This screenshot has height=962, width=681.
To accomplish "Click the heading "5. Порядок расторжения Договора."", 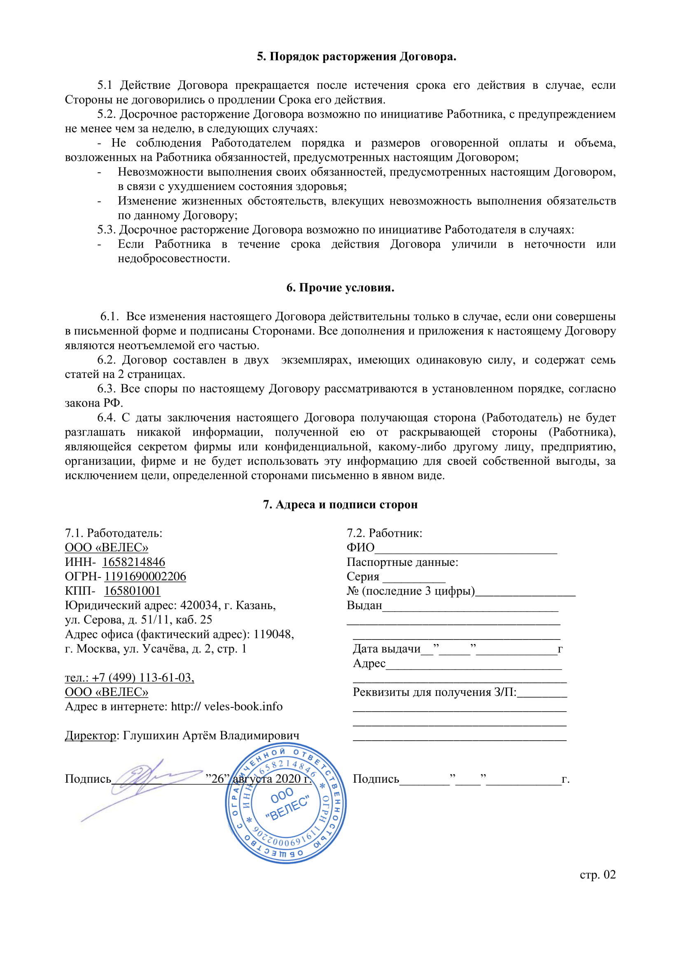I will coord(357,57).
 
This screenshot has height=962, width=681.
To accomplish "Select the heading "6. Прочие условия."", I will coord(340,288).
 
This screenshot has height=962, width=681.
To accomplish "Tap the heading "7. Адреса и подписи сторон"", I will coord(340,505).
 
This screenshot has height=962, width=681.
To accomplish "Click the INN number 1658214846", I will coord(133,562).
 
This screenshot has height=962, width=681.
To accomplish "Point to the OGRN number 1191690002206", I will coord(145,577).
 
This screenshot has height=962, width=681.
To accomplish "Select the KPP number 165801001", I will coord(132,591).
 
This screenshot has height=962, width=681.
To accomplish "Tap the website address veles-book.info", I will coord(243,707).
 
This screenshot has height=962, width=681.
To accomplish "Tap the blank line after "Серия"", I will coord(414,578).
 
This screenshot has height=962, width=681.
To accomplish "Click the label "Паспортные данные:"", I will coord(402,562).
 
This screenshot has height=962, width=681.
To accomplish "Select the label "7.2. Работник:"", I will coord(384,533).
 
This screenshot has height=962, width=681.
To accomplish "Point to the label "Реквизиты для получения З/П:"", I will coord(434,693).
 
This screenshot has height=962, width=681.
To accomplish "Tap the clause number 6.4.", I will coord(106,418).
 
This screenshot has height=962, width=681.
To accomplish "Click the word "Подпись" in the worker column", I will coord(376,779).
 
